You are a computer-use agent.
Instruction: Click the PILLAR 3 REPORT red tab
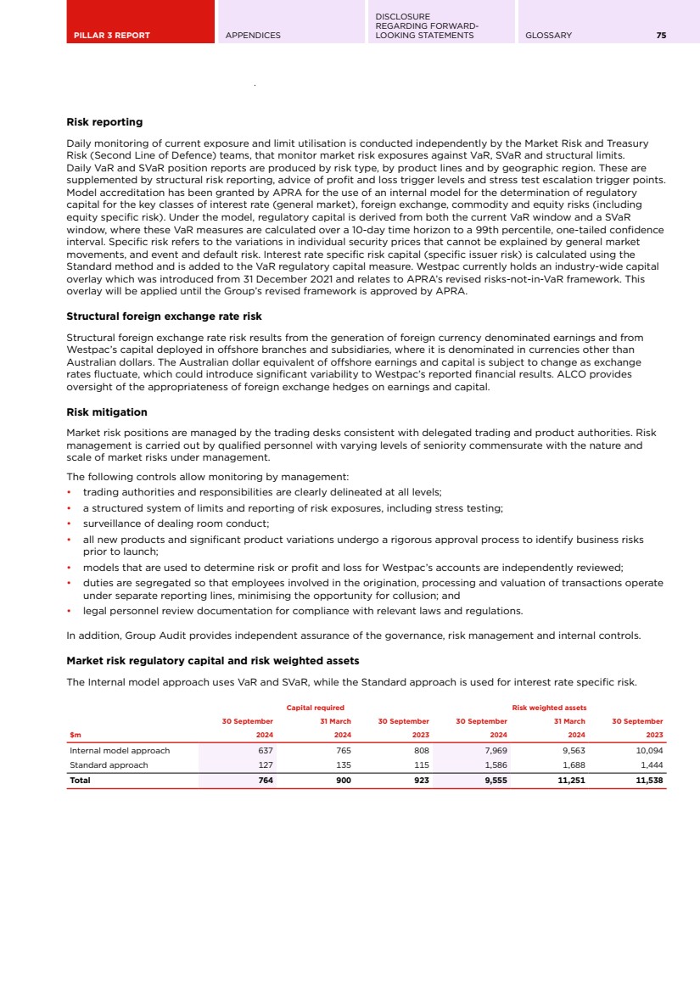click(111, 36)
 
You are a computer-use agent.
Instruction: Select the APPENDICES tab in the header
click(253, 36)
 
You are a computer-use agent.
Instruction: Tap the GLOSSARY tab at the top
click(549, 36)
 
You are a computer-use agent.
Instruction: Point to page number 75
click(661, 36)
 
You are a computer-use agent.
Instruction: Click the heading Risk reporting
click(104, 122)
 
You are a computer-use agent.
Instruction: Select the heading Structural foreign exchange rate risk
click(164, 316)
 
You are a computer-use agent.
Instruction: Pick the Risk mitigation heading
click(107, 412)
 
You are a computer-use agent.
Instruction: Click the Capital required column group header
click(315, 708)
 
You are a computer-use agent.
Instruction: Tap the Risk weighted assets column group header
click(549, 708)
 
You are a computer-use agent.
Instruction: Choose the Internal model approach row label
click(120, 751)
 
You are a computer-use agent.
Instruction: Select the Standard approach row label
click(109, 765)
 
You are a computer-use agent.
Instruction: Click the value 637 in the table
click(265, 751)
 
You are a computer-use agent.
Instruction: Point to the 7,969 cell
click(496, 751)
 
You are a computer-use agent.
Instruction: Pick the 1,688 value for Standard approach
click(573, 765)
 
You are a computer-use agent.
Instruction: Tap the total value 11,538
click(649, 781)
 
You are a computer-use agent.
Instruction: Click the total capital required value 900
click(343, 781)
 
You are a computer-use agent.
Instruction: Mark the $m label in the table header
click(75, 736)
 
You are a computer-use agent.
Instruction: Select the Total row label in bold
click(80, 781)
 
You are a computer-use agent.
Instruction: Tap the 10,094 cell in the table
click(649, 751)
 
